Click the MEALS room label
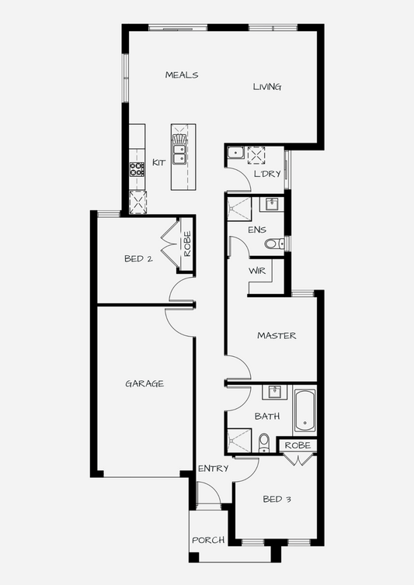pos(182,75)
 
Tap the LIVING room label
pos(266,87)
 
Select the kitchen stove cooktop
pos(137,169)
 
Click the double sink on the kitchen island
pos(179,154)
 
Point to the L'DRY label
pos(267,174)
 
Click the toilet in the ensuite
pos(274,244)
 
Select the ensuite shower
pos(239,209)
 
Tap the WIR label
pos(257,271)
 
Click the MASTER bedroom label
pos(277,336)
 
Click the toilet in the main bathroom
pos(264,442)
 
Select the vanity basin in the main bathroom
pos(275,393)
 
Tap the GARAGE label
pos(144,383)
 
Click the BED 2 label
pos(138,258)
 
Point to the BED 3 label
pos(277,499)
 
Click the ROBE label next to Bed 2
pos(187,244)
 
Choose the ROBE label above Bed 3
pos(297,445)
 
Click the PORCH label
pos(208,540)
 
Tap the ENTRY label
pos(213,469)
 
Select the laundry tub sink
pos(236,153)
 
